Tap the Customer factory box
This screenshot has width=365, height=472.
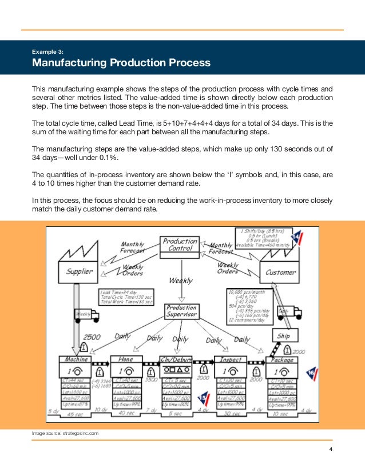[x=280, y=273]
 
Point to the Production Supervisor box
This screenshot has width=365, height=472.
[x=181, y=311]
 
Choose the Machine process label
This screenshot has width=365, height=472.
[x=76, y=360]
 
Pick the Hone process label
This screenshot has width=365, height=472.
[x=126, y=360]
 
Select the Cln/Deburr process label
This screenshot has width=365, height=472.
[x=176, y=360]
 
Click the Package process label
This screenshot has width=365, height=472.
[x=282, y=360]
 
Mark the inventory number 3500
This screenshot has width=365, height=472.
[x=152, y=378]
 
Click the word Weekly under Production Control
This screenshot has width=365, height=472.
[x=180, y=281]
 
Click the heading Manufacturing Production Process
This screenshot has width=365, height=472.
[x=121, y=62]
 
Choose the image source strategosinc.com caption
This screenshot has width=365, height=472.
[x=65, y=434]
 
